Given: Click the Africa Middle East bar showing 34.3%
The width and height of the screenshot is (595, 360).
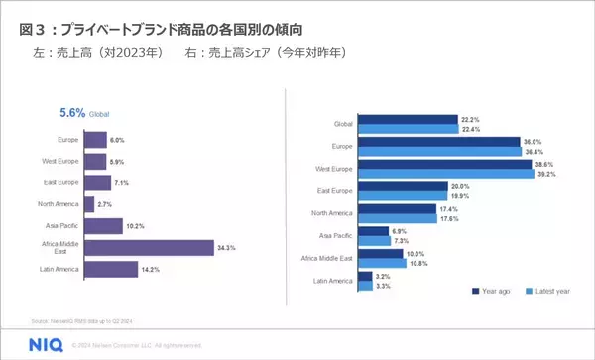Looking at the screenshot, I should coord(149,247).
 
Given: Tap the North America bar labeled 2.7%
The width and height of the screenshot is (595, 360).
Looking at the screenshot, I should coord(89,204).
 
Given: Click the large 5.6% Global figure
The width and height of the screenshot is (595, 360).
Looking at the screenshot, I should coord(72,114).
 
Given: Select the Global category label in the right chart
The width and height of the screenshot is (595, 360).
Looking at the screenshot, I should coord(342,124).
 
